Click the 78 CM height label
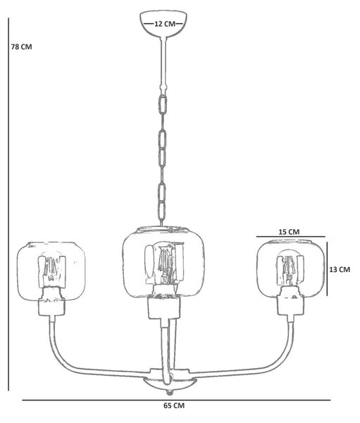point(21,47)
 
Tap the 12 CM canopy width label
point(164,24)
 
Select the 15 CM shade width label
point(289,232)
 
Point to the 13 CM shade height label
point(340,269)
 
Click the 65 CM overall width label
point(174,405)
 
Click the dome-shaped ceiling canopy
point(163,24)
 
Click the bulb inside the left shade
point(51,271)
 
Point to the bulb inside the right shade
point(290,269)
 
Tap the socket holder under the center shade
point(164,307)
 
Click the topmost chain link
point(163,104)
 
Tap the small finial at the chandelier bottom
point(169,391)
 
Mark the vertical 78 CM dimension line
point(8,204)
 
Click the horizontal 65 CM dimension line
point(176,400)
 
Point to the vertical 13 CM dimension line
point(327,269)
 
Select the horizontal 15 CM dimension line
point(290,237)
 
